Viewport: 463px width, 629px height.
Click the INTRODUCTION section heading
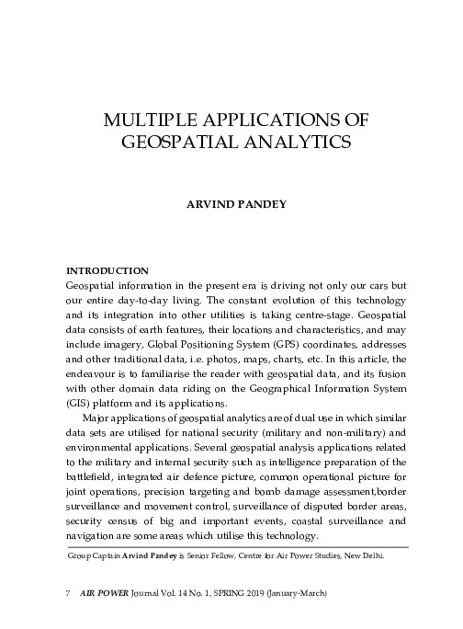[107, 271]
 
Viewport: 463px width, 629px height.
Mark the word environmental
[106, 443]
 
